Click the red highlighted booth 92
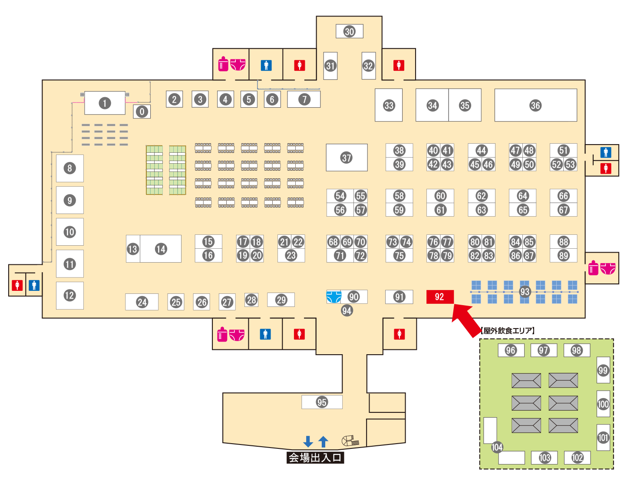coord(439,297)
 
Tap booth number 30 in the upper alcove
coord(349,31)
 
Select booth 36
coord(535,105)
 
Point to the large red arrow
coord(465,319)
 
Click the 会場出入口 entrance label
coord(315,458)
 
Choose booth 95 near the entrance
coord(322,402)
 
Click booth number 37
coord(347,158)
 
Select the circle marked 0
coord(142,112)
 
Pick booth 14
coord(161,249)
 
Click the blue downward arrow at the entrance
coord(308,441)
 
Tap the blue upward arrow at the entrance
coord(323,441)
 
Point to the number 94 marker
coord(347,310)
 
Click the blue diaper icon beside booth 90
coord(334,297)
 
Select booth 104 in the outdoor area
coord(497,447)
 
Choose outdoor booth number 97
coord(543,350)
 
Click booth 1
coord(105,103)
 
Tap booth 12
coord(69,296)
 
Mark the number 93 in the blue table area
coord(525,292)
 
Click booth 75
coord(399,256)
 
